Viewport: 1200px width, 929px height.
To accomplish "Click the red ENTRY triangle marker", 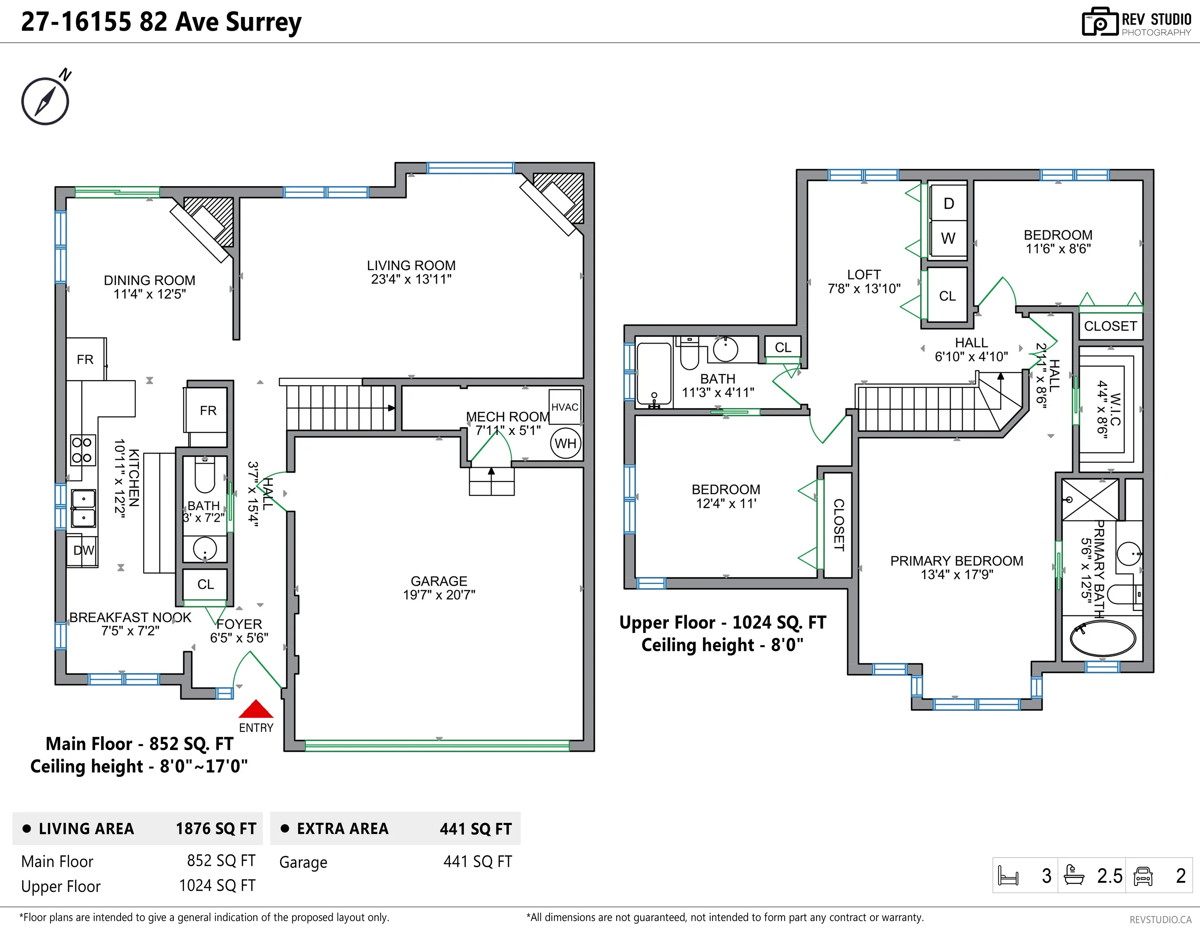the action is point(256,709).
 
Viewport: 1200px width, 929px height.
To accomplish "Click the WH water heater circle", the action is point(565,444).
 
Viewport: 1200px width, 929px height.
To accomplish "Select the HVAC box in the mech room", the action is point(565,406).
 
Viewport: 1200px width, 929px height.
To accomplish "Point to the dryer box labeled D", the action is point(948,203).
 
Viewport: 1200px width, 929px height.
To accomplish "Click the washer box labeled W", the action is point(948,238).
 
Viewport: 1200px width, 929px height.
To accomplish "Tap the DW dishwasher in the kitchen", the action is point(83,550).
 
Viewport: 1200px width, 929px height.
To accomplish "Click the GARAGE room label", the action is point(439,581).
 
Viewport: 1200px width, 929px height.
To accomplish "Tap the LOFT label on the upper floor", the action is point(864,274).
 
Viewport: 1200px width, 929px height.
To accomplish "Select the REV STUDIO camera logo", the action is point(1100,22).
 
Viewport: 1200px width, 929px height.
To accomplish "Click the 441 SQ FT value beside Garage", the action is point(477,861).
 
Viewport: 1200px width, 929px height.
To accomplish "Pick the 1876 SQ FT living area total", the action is point(216,829).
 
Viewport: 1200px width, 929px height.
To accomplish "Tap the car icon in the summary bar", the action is point(1142,876).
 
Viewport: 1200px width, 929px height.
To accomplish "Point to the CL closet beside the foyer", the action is point(206,584).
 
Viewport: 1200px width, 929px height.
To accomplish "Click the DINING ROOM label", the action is point(150,280).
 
